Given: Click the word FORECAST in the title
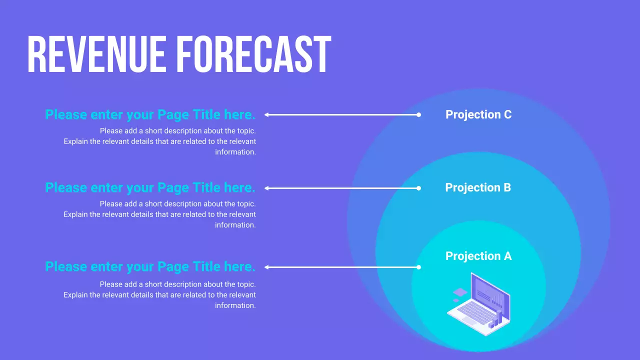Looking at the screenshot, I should pos(254,55).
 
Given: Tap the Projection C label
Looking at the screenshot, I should pos(478,114).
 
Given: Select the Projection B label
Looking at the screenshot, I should pos(478,187).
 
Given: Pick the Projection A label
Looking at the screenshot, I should pos(478,256).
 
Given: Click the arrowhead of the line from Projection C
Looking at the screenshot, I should pos(266,114).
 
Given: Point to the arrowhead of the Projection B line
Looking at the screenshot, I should pos(266,188).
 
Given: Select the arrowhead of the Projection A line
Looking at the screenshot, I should pos(266,267).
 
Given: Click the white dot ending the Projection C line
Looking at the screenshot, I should pos(419,114).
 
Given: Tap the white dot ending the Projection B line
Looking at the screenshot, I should pos(419,188).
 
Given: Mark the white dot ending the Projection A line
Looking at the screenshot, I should pos(419,267).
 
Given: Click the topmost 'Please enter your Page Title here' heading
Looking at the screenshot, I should pos(150,114).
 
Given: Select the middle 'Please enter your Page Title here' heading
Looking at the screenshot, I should pos(150,187).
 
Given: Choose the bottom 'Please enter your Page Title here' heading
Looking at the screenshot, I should pos(150,266).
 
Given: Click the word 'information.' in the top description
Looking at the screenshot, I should pos(235,152).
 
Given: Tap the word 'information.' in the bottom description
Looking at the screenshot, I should pos(235,305).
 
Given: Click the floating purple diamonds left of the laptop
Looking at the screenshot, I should pos(459,294).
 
